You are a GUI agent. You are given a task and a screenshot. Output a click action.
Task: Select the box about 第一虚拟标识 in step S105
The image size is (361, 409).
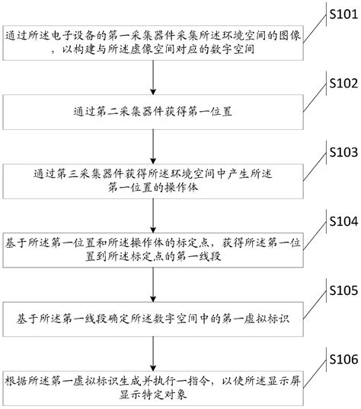(x=155, y=314)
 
